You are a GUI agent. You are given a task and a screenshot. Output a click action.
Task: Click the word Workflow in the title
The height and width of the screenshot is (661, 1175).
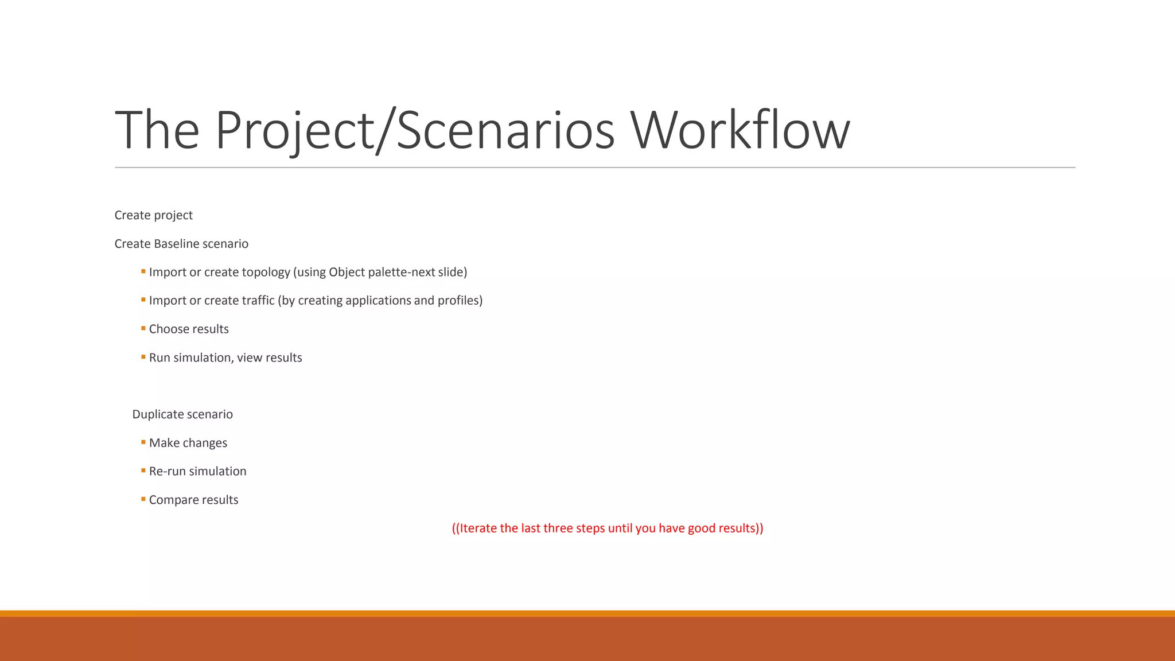click(x=740, y=131)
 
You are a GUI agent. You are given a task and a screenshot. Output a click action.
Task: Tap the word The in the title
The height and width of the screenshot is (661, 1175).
click(x=157, y=131)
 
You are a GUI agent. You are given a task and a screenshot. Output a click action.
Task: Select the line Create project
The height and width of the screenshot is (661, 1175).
click(x=153, y=215)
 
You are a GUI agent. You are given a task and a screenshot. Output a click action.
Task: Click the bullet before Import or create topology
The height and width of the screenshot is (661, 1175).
click(x=143, y=271)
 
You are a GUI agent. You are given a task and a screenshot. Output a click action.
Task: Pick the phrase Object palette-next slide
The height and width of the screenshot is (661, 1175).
click(x=397, y=272)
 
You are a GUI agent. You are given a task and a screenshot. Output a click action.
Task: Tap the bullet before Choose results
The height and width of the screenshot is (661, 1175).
click(x=143, y=328)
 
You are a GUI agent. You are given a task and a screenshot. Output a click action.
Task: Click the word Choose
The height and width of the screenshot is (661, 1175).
click(x=168, y=329)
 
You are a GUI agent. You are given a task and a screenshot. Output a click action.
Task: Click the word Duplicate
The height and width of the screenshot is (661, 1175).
click(x=158, y=414)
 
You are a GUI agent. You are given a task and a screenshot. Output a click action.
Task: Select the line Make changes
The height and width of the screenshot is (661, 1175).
click(x=188, y=443)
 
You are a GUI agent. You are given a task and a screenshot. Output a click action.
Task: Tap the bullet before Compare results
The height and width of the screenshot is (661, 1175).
click(x=143, y=499)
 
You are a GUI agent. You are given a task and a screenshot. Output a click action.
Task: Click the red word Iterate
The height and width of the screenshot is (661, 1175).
click(x=478, y=528)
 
